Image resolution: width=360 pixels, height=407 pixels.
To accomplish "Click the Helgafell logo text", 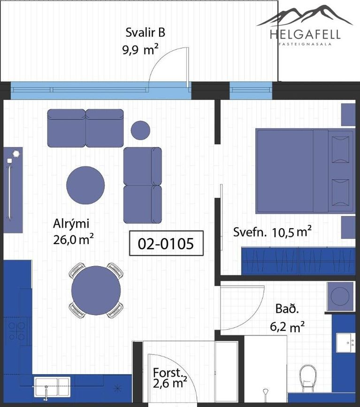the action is tap(305, 34).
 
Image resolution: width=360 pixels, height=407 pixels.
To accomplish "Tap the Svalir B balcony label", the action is tap(146, 33).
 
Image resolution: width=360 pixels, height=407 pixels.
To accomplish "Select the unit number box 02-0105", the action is tap(166, 243).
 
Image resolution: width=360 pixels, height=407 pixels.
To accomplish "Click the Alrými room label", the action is tap(71, 224).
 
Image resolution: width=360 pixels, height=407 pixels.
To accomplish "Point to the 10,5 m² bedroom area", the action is tap(291, 232).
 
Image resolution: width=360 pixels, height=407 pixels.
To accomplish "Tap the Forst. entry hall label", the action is tap(168, 373).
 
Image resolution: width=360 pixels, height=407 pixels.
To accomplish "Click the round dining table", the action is tap(96, 290).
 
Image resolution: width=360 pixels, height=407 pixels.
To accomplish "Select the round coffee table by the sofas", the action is tap(85, 185).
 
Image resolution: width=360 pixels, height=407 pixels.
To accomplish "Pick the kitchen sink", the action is tap(52, 387).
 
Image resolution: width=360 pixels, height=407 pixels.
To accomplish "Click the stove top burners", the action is tap(16, 331).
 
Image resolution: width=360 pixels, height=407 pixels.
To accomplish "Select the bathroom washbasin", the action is tap(346, 343).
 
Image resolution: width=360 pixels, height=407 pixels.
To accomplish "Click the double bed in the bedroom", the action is tap(305, 171).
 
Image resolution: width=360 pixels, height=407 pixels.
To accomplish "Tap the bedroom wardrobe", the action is tap(298, 261).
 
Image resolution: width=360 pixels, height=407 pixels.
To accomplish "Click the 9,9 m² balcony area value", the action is tap(140, 49).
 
